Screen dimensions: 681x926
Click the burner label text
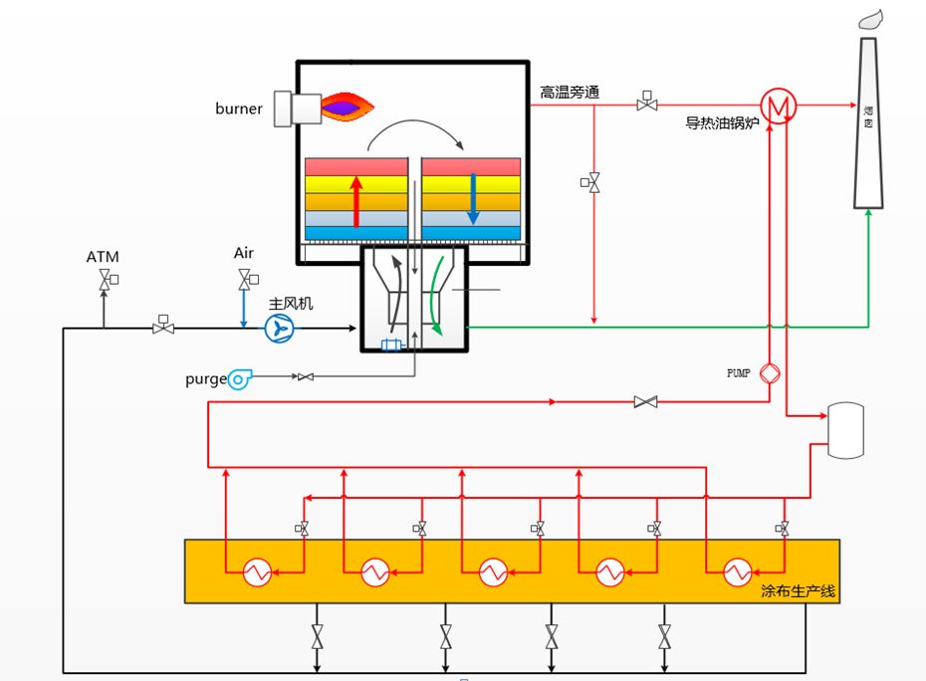239,109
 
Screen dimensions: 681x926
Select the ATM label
103,257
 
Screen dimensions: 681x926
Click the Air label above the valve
244,253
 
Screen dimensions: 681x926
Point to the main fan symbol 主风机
279,329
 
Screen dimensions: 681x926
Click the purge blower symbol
239,377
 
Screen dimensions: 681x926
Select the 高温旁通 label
570,93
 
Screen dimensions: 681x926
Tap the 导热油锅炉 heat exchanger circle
778,105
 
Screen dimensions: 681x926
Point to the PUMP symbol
770,373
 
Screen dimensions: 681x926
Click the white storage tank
846,430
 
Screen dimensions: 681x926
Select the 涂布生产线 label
797,591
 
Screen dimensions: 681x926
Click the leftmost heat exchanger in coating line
259,572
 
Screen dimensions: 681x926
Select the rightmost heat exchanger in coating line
737,572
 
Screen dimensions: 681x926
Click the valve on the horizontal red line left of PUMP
646,402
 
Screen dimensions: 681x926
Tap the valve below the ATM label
104,284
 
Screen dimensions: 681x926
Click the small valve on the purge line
306,376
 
